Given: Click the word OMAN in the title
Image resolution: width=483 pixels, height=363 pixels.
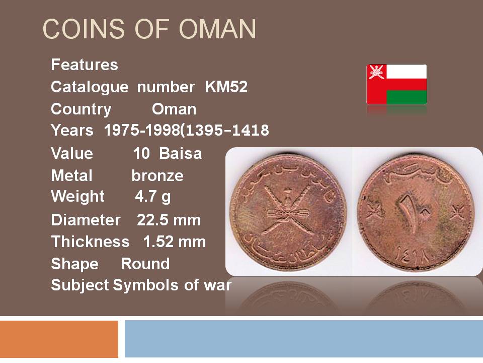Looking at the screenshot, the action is (x=217, y=29).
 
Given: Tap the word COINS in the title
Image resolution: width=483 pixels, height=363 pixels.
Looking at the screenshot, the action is (x=84, y=29).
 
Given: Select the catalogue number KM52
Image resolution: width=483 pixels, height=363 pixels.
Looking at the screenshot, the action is (x=226, y=87).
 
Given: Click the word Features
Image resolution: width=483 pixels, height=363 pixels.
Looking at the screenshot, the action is (x=85, y=65).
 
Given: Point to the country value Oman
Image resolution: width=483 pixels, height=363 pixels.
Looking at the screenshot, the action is (x=174, y=109).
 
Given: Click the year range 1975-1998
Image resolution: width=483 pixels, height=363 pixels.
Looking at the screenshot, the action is (x=142, y=130).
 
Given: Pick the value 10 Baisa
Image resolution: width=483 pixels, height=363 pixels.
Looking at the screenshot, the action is (x=167, y=153).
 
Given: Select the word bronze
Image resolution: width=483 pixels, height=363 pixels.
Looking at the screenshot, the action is (x=157, y=175).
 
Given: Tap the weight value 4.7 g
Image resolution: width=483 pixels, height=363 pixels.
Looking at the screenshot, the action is (x=153, y=197).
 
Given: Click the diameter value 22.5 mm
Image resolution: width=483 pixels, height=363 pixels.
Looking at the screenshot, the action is (x=169, y=220).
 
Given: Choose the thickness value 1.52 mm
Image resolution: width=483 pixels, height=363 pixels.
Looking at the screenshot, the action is (x=175, y=241).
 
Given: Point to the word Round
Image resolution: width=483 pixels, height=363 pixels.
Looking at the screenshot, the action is (x=145, y=264).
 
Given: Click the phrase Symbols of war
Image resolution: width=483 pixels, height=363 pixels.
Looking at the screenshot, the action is (x=172, y=285).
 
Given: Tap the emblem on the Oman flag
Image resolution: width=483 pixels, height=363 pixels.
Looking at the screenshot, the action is (x=376, y=72).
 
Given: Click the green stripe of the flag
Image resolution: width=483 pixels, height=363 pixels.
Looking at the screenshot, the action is (x=407, y=97).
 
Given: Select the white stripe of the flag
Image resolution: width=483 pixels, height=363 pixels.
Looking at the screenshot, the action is (x=407, y=71).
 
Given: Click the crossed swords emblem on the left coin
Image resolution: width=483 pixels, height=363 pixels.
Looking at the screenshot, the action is (x=287, y=211).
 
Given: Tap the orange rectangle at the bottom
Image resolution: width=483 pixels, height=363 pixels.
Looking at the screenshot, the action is (x=59, y=339).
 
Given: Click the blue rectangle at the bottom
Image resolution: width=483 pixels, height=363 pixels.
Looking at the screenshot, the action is (x=304, y=339).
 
